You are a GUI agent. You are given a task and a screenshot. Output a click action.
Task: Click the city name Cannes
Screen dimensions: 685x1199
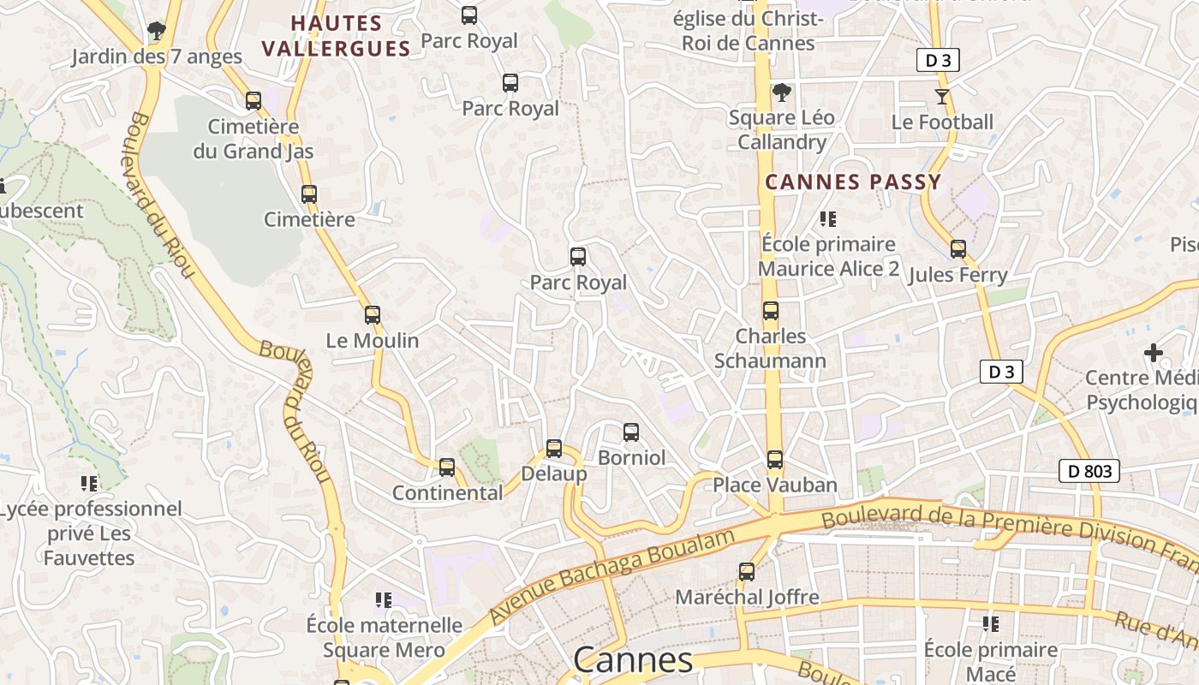[x=632, y=660]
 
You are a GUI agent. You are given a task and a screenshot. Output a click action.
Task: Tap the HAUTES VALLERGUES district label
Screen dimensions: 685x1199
[x=337, y=35]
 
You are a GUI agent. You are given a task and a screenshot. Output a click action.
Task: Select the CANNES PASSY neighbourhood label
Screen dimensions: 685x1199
[x=853, y=182]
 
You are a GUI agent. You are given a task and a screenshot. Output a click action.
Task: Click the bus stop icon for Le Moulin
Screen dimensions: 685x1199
[x=372, y=315]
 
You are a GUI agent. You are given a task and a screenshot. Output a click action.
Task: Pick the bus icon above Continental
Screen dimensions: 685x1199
[x=447, y=468]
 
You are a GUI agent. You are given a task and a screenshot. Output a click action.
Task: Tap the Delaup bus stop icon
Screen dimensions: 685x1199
[x=554, y=449]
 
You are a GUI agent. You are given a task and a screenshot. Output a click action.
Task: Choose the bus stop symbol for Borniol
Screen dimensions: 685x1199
[x=631, y=432]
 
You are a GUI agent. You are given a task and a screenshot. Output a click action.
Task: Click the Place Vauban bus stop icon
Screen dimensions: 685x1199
[x=775, y=460]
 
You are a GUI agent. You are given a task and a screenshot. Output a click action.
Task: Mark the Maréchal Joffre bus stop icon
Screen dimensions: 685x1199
[x=747, y=572]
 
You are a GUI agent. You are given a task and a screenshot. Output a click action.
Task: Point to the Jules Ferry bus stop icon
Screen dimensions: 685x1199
[x=957, y=250]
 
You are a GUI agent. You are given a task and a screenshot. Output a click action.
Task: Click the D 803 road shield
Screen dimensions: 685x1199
[x=1089, y=471]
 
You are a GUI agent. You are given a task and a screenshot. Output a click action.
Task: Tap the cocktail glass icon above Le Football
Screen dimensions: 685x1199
[x=942, y=97]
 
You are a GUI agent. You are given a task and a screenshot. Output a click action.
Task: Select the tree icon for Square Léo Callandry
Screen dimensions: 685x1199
[x=781, y=92]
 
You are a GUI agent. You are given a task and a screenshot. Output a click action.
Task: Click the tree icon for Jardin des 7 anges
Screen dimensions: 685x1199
[x=156, y=32]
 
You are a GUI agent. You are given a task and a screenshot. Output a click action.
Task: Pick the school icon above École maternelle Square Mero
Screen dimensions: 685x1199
[x=384, y=600]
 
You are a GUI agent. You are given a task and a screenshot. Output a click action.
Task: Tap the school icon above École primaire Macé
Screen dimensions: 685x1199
[x=991, y=624]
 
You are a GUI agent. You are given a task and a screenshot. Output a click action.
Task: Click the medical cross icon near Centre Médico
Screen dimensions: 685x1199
[x=1154, y=352]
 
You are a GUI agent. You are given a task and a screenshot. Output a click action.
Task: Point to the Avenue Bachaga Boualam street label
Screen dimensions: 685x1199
[x=612, y=576]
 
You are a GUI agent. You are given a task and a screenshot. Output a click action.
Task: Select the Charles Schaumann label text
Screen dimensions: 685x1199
[x=771, y=348]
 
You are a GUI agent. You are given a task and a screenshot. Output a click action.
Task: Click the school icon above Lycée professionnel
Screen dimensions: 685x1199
[x=89, y=484]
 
